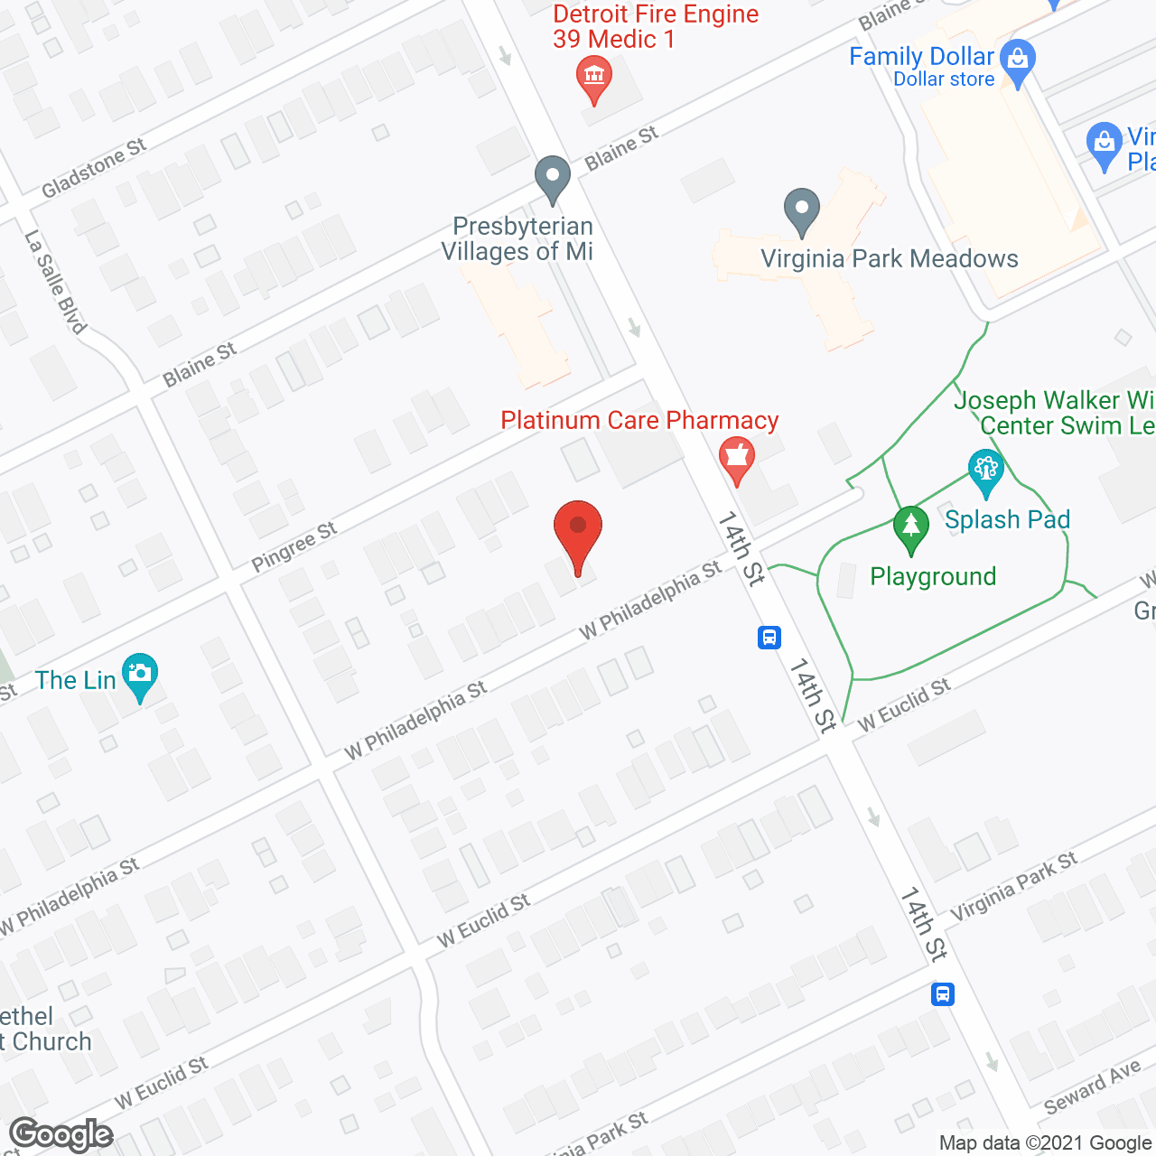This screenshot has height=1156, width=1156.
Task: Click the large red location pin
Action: click(x=577, y=534)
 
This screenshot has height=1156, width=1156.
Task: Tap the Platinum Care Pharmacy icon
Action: click(x=737, y=458)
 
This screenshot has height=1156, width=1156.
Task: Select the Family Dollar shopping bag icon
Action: click(x=1018, y=61)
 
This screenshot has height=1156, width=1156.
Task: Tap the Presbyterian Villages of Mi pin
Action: click(x=552, y=177)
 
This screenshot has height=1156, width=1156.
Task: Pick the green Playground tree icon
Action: click(x=910, y=527)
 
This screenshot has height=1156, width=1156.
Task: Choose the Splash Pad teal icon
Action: click(x=985, y=471)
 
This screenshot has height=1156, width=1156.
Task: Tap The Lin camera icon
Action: click(x=139, y=675)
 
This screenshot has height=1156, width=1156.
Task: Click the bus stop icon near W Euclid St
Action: click(x=769, y=638)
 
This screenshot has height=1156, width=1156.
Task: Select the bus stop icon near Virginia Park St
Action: click(x=942, y=994)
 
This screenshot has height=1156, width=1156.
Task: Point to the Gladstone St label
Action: click(x=94, y=168)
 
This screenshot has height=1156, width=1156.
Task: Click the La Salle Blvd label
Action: click(x=55, y=282)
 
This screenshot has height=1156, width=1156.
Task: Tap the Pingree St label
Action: click(x=294, y=546)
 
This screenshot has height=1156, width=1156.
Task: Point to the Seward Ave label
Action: click(x=1092, y=1087)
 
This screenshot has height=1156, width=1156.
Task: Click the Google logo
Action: click(x=61, y=1134)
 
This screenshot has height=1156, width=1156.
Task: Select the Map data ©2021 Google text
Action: click(x=1046, y=1143)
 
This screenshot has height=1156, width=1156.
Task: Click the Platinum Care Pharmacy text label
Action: click(x=639, y=420)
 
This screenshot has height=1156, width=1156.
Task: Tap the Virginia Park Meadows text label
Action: click(x=890, y=259)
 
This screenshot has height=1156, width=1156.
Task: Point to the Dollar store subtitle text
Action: click(x=944, y=79)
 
